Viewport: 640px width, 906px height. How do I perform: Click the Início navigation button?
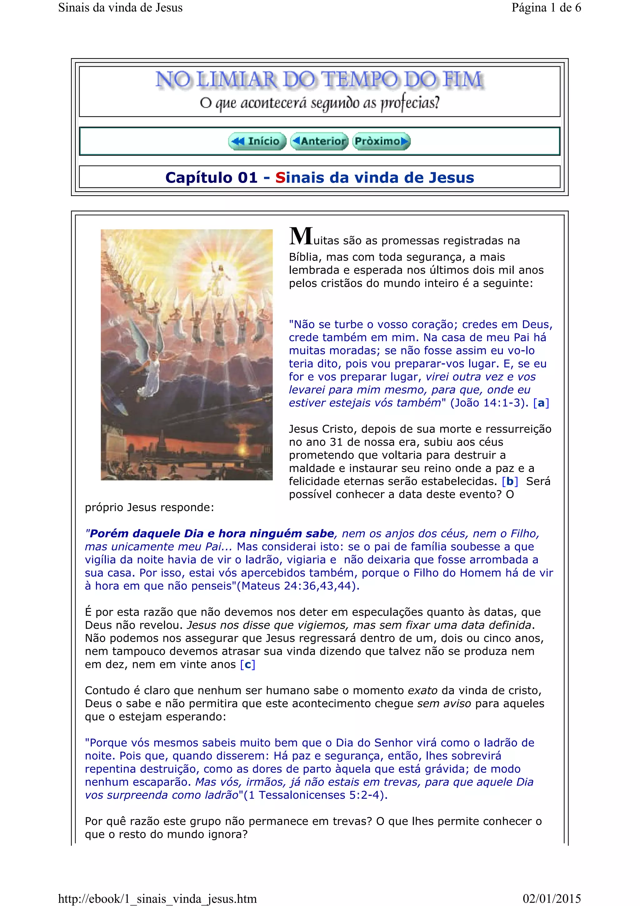(x=257, y=141)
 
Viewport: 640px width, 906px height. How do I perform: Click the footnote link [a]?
(x=541, y=403)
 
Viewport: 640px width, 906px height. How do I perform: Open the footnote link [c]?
(x=247, y=665)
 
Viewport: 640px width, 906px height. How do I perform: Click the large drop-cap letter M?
(x=301, y=236)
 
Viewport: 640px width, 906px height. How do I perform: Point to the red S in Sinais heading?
(x=280, y=178)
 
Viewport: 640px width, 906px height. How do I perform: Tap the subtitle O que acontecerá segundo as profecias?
(x=319, y=103)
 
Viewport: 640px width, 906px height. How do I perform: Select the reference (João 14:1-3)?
(x=489, y=403)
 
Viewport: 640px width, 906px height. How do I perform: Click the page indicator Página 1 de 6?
(x=546, y=8)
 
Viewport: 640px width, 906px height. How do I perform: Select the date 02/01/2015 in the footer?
(x=552, y=898)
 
